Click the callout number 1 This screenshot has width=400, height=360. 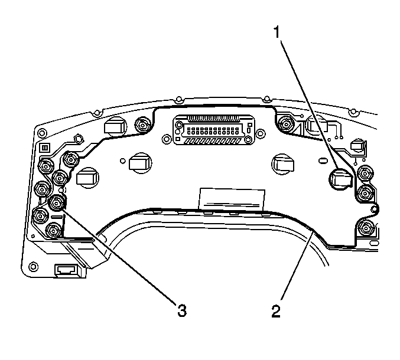coord(277,33)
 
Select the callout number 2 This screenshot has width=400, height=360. coord(276,311)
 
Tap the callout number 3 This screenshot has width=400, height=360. coord(182,310)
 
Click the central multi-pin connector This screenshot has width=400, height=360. coord(213,130)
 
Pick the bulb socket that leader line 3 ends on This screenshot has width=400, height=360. coord(57,203)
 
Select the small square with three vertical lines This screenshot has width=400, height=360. coord(45,148)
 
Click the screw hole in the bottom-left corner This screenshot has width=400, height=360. coord(33,267)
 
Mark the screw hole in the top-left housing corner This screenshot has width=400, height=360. coord(42,133)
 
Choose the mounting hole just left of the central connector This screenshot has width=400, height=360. coord(167,139)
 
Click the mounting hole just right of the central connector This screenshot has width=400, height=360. coord(261,133)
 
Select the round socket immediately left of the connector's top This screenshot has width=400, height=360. coord(142,125)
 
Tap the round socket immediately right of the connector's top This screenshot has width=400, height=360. coord(285,124)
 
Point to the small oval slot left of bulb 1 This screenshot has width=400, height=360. coord(323,161)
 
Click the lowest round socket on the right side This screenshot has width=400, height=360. coord(366,227)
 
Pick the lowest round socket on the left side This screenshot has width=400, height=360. coord(54,231)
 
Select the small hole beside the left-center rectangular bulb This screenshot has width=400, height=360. coord(122,161)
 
